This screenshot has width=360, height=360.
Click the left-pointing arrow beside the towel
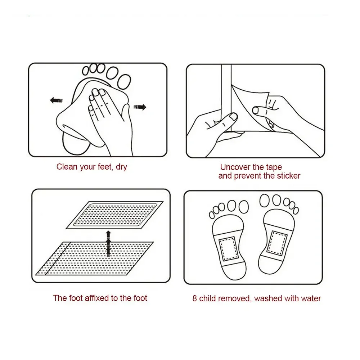[56, 100]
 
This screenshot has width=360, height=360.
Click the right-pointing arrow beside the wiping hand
[140, 107]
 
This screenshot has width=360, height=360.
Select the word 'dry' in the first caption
[121, 167]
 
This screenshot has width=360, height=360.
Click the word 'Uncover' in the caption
[235, 167]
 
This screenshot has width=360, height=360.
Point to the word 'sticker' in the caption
[288, 176]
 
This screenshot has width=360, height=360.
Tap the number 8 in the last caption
[195, 298]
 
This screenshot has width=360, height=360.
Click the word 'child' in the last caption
[207, 298]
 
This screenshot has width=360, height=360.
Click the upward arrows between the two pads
[108, 244]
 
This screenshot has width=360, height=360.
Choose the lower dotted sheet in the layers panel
[94, 258]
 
